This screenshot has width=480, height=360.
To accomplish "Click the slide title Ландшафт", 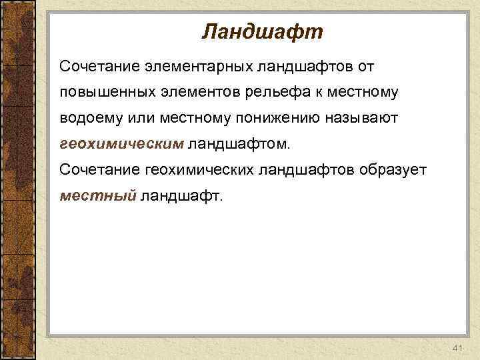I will coord(262,31).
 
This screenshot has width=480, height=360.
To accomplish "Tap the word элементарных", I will coord(178,67).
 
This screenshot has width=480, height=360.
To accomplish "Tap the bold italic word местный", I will coord(98,195).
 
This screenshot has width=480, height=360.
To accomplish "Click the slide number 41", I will coord(457,349).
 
